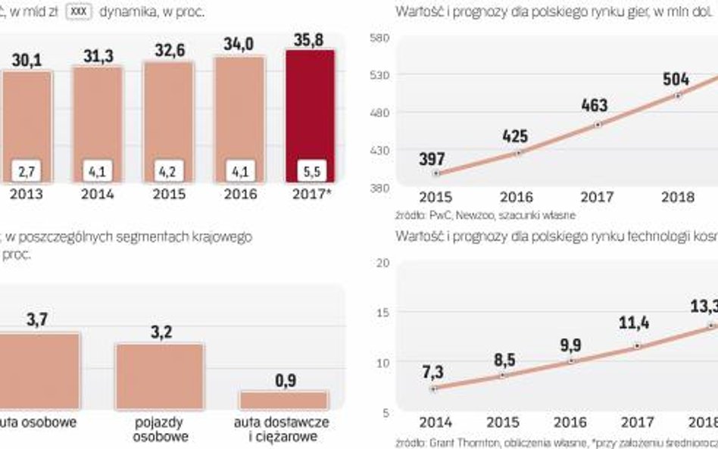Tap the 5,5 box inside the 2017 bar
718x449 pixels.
click(x=309, y=171)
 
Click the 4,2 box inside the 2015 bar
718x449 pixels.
click(x=167, y=171)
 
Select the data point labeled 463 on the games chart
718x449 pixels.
click(x=598, y=123)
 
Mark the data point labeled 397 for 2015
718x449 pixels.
click(x=435, y=173)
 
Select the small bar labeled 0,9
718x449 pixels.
click(x=283, y=400)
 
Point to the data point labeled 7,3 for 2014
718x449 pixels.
click(x=433, y=388)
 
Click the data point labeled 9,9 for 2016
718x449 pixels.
click(x=570, y=361)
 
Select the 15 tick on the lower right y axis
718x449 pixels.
click(x=383, y=313)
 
